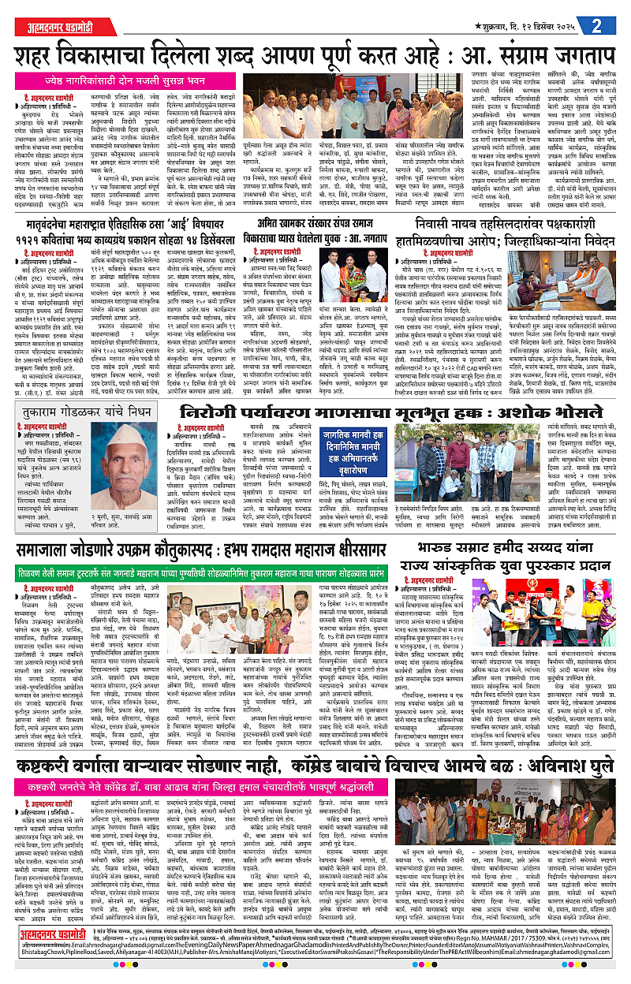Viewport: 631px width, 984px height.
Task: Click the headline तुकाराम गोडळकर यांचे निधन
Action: point(78,414)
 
